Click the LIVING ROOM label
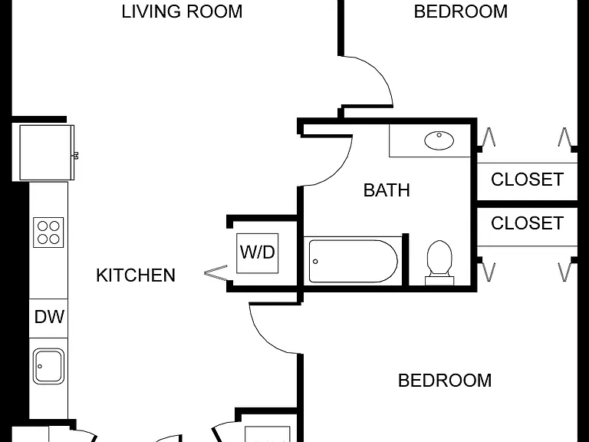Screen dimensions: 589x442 (182, 12)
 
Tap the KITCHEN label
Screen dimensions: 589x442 (136, 275)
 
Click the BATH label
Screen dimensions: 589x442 (387, 190)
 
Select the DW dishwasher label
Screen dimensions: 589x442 (49, 317)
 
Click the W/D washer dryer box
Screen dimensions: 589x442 (258, 253)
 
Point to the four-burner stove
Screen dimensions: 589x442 (48, 233)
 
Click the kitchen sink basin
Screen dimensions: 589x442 (48, 366)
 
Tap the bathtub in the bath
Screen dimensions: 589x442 (353, 261)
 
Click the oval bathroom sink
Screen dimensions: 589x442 (439, 140)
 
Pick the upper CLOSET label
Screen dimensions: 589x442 (527, 180)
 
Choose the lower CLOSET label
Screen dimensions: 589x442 (527, 223)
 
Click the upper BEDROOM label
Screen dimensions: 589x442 (460, 12)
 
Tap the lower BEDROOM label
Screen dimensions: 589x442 (445, 381)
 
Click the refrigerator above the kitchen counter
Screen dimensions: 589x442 (47, 153)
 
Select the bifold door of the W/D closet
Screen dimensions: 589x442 (216, 272)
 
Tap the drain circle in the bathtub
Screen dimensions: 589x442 (315, 262)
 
